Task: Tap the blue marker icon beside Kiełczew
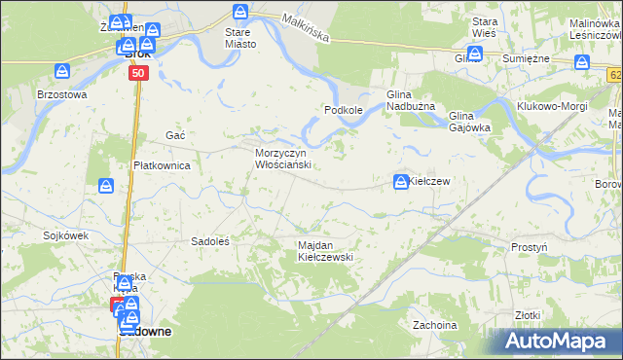(x=401, y=181)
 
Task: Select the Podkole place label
(x=344, y=111)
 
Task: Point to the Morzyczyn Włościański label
(x=282, y=160)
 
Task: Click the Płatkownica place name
(x=162, y=165)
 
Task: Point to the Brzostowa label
(x=62, y=94)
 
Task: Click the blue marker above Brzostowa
(x=62, y=72)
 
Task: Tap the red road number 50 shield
(x=138, y=73)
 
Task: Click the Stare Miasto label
(x=239, y=37)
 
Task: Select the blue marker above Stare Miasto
(x=240, y=13)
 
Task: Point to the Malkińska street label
(x=305, y=27)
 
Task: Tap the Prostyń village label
(x=529, y=247)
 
